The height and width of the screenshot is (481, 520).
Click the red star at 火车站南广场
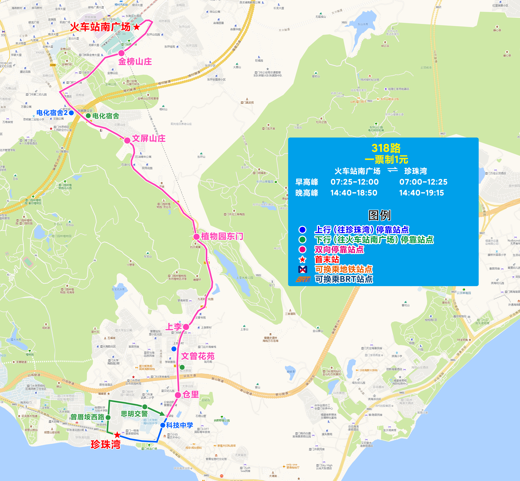pyautogui.click(x=137, y=27)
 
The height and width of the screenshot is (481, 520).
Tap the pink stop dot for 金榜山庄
pyautogui.click(x=121, y=53)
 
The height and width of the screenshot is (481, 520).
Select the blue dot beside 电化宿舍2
pyautogui.click(x=71, y=113)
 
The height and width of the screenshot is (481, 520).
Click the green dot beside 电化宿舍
pyautogui.click(x=88, y=116)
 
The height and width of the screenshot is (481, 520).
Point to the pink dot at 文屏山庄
pyautogui.click(x=127, y=141)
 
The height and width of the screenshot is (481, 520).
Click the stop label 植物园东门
pyautogui.click(x=222, y=236)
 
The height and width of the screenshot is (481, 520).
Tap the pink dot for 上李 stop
pyautogui.click(x=186, y=327)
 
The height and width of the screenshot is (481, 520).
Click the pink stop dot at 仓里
pyautogui.click(x=178, y=395)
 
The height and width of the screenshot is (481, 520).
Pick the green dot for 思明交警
pyautogui.click(x=145, y=407)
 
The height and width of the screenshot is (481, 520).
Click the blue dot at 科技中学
pyautogui.click(x=163, y=425)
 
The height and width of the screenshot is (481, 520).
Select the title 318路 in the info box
pyautogui.click(x=386, y=148)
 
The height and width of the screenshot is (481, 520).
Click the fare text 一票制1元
pyautogui.click(x=386, y=160)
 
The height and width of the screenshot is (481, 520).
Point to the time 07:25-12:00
pyautogui.click(x=354, y=182)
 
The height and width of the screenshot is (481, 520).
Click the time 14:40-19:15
pyautogui.click(x=421, y=193)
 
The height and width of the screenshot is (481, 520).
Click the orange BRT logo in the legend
pyautogui.click(x=303, y=279)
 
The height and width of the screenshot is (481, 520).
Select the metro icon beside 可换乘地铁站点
pyautogui.click(x=303, y=269)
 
